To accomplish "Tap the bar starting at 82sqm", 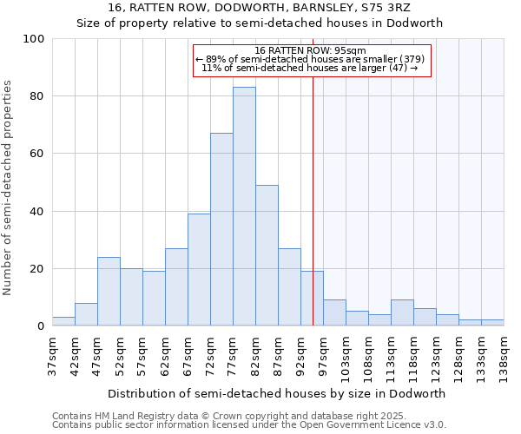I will (x=267, y=255).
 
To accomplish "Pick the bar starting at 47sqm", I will (x=109, y=292).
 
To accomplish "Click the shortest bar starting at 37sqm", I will (x=63, y=321).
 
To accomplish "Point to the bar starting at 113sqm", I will (x=402, y=312).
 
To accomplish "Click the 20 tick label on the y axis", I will (x=36, y=269).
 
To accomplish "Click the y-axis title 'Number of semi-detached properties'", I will (x=9, y=187).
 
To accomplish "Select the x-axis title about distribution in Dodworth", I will (x=277, y=393).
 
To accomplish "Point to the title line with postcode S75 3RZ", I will (x=260, y=8).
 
